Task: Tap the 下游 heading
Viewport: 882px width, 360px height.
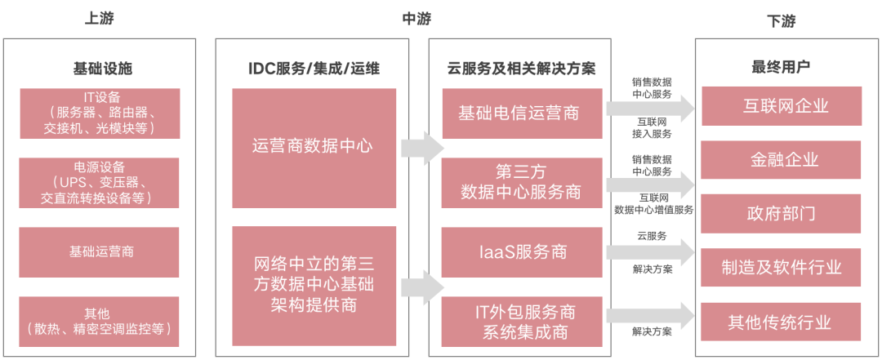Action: click(x=779, y=19)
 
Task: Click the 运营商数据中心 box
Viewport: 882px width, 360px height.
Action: click(x=313, y=147)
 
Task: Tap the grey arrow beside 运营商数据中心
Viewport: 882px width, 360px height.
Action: click(x=421, y=147)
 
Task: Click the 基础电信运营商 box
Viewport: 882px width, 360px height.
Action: click(x=519, y=113)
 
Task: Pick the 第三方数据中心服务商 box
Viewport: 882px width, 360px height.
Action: click(x=519, y=182)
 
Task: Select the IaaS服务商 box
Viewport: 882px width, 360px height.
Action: click(x=519, y=251)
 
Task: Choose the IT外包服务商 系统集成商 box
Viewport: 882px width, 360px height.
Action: click(x=519, y=321)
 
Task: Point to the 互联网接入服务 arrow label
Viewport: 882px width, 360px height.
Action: click(x=651, y=127)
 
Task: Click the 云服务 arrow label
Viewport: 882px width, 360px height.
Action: click(x=651, y=235)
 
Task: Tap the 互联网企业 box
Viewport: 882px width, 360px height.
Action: click(x=779, y=107)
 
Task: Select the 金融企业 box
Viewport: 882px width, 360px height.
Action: click(x=779, y=160)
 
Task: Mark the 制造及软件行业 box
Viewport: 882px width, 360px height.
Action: click(x=779, y=267)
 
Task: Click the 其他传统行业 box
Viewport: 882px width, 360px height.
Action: click(x=779, y=321)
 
